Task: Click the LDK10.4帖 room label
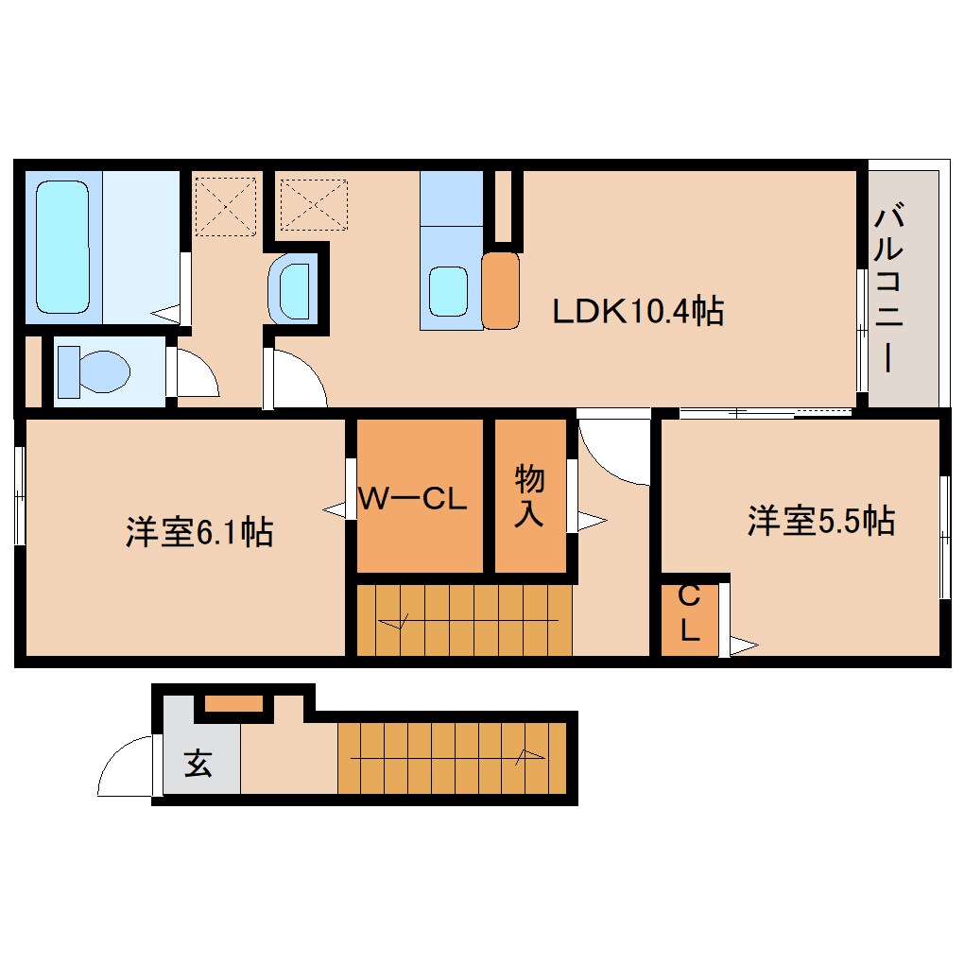tap(638, 311)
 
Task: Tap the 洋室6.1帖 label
tap(198, 532)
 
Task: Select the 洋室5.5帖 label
tap(820, 521)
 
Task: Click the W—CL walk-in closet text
tap(412, 500)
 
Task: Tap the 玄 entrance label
tap(198, 762)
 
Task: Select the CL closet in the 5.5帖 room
tap(689, 614)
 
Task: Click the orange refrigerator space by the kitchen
tap(501, 290)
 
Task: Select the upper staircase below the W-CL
tap(464, 621)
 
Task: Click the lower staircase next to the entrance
tap(451, 757)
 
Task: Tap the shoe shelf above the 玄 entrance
tap(234, 703)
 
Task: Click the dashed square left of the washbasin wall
tap(225, 204)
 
